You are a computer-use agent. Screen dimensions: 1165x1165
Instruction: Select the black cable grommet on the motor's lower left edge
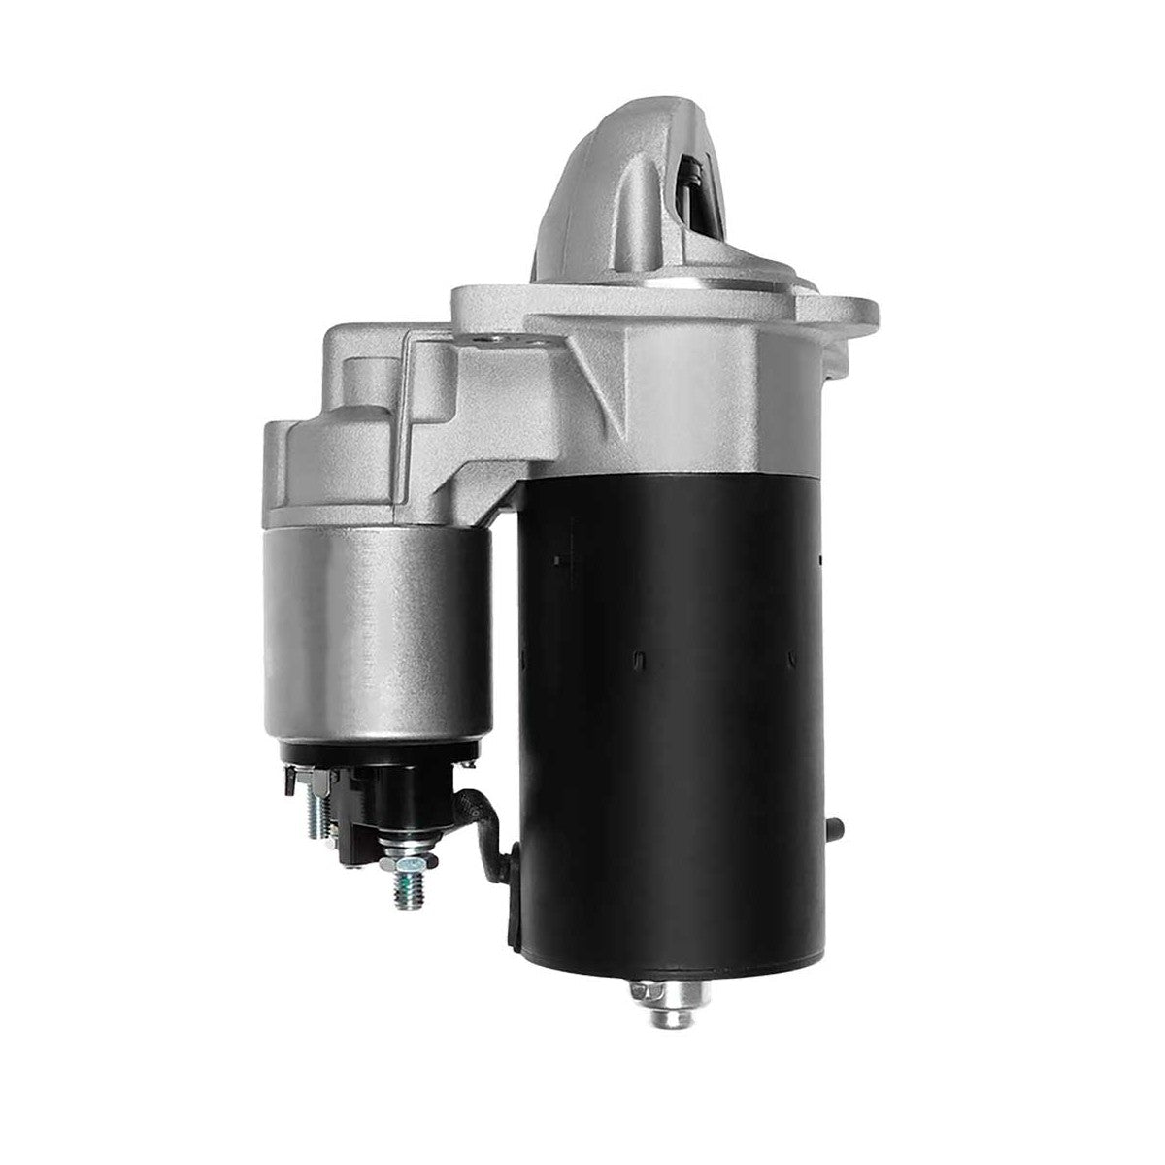[509, 903]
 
